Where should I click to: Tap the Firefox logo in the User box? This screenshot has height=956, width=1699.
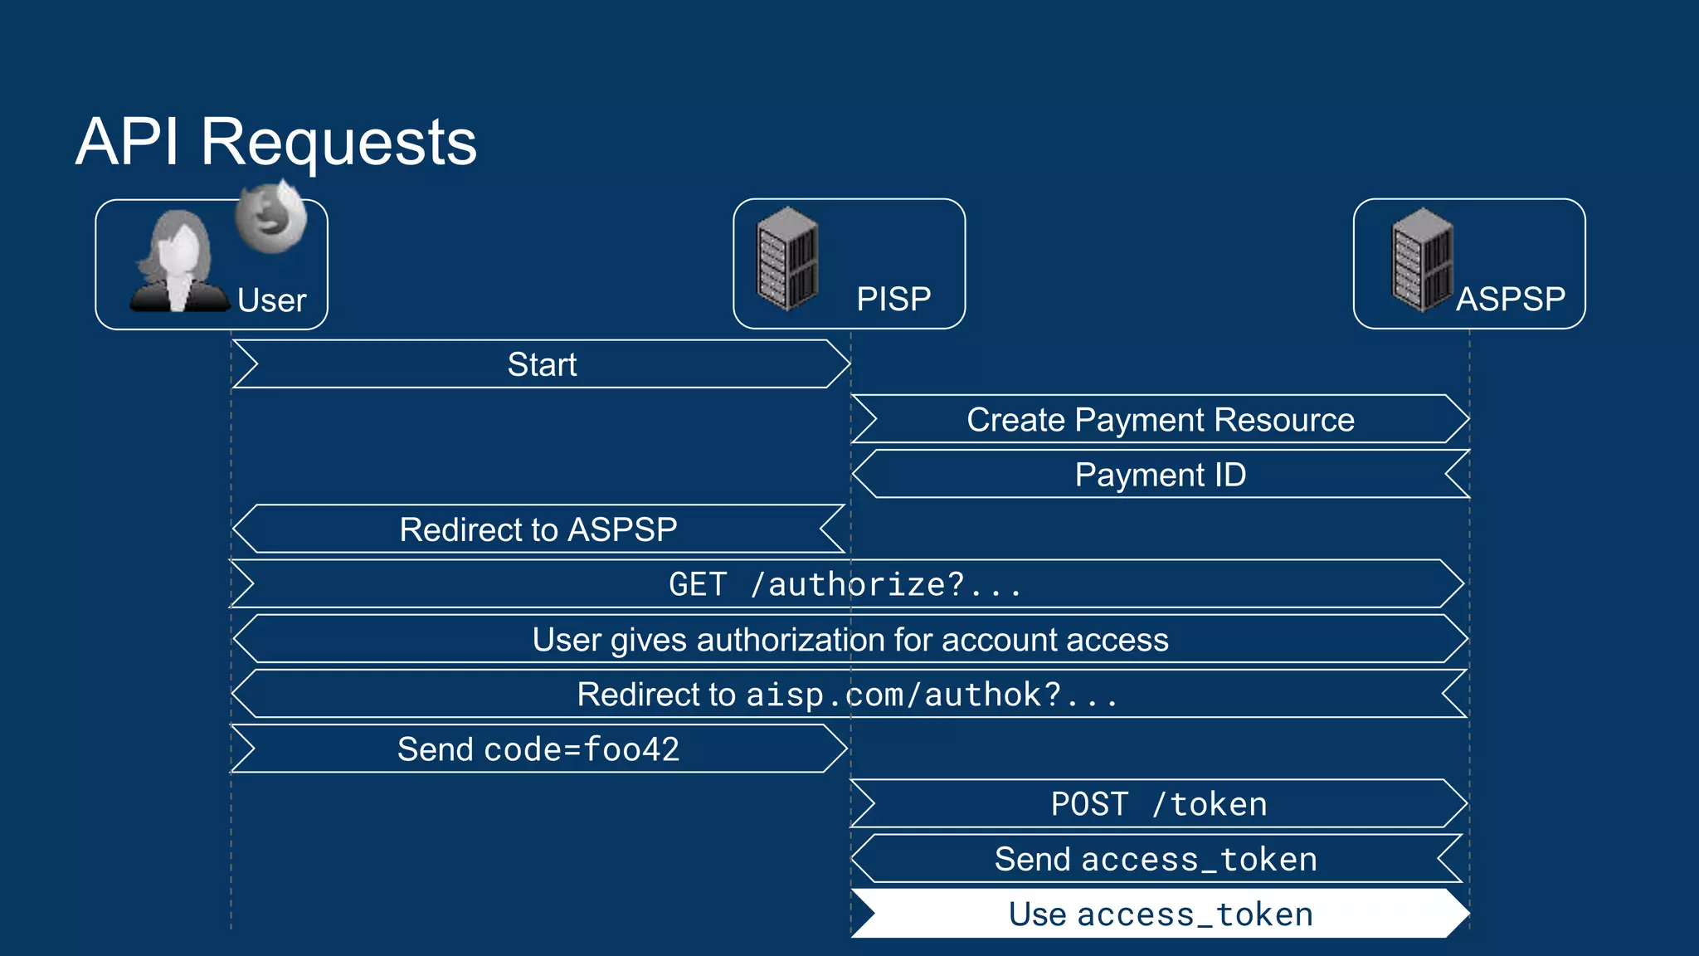270,218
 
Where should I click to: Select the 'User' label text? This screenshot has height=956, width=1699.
271,300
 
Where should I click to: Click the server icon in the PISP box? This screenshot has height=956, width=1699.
787,259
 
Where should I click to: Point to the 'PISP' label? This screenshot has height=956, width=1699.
893,299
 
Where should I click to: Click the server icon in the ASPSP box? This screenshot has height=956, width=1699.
1423,260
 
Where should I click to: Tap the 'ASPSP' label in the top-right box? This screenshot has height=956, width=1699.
1511,299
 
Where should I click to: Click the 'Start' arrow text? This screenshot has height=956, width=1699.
542,364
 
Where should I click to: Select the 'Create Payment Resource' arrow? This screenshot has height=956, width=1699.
1160,420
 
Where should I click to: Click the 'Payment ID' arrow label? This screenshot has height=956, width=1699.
1160,475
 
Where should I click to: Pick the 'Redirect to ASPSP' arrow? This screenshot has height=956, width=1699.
538,529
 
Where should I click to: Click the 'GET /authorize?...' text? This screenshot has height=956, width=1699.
845,584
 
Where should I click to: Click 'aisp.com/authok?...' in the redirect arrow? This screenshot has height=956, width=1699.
932,695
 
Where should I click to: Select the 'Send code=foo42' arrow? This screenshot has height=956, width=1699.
538,749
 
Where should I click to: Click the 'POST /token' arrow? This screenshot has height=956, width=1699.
1158,804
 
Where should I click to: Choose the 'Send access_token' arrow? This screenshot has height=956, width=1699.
1156,859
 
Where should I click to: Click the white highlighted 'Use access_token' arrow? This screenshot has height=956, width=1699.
1160,914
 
